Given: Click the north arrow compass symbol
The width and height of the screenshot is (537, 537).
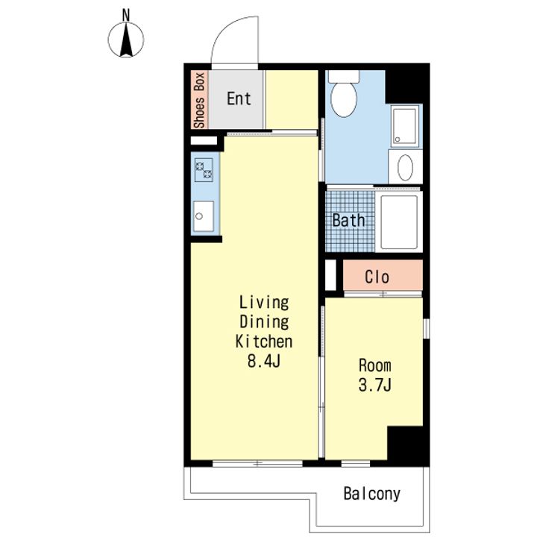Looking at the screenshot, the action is pos(126,40).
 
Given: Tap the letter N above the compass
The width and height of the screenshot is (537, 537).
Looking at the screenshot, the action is pos(126,15).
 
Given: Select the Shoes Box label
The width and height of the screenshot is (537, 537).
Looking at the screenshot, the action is pos(199,100).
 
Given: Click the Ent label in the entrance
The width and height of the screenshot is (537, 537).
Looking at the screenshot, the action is pos(239,98).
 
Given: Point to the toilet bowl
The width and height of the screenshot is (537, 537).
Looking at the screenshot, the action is pos(344,98).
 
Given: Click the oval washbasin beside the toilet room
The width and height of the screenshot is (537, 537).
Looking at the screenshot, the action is pos(405,168).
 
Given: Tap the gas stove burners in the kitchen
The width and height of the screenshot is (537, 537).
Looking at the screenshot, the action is pos(204,170).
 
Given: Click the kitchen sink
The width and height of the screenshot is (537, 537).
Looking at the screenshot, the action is pos(204,216).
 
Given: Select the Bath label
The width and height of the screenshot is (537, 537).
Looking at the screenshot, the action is pos(348,220).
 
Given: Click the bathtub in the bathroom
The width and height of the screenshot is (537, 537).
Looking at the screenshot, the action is pos(399,222).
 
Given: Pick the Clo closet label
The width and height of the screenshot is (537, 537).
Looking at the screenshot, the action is pos(377,277).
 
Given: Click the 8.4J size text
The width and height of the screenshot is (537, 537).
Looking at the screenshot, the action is pos(264,361).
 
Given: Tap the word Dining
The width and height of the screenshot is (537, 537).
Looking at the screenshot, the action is pos(264,322).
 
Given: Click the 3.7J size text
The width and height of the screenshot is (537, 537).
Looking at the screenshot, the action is pos(375,385).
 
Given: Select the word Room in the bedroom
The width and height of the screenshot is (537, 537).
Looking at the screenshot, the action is pos(375,365).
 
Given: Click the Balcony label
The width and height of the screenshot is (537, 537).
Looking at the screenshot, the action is pos(372,494).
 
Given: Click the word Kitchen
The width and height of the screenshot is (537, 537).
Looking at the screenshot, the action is pos(264,342).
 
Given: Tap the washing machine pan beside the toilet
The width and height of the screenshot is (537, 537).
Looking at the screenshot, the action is pos(405,126).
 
